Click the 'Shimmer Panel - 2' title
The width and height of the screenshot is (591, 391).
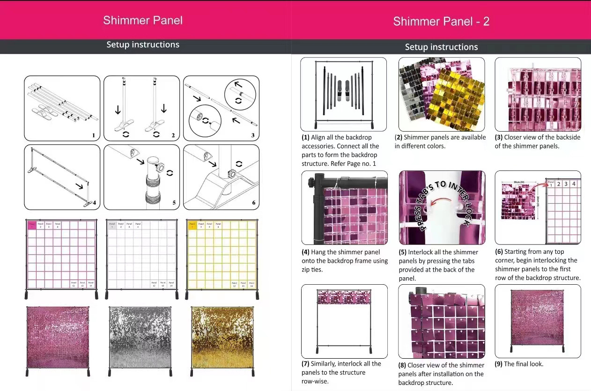441,22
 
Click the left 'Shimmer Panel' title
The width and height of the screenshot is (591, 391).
143,21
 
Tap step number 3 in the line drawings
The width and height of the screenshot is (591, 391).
253,136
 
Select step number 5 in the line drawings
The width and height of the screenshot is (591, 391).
174,203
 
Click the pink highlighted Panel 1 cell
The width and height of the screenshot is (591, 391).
32,225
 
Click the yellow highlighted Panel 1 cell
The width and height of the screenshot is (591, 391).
192,225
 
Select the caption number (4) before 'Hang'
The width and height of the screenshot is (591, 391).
306,252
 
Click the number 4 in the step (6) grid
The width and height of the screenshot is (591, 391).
574,184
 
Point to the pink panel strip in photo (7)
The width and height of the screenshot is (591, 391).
344,296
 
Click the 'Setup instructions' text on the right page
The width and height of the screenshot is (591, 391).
441,47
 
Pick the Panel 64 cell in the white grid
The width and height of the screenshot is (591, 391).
171,283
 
